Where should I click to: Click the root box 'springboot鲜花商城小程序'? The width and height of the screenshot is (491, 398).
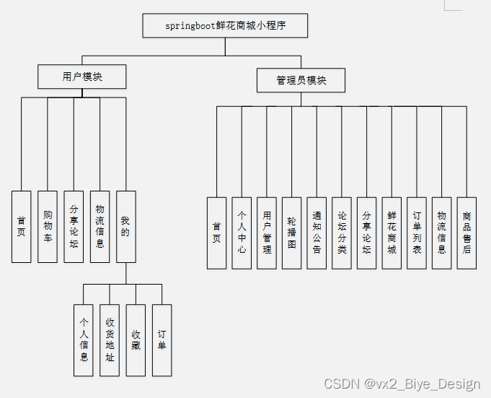tap(226, 26)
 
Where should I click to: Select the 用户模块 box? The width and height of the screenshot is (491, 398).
tap(82, 77)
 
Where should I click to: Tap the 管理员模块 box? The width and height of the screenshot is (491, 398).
tap(301, 80)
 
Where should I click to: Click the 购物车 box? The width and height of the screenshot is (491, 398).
tap(48, 226)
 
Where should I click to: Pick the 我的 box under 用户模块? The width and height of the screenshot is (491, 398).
tap(126, 226)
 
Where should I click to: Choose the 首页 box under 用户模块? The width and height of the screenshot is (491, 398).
tap(22, 226)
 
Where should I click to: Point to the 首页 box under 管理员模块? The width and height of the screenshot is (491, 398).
tap(217, 233)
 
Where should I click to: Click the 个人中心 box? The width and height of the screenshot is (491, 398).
tap(242, 233)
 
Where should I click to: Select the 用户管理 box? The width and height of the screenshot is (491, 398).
tap(267, 233)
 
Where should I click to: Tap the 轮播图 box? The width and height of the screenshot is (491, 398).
tap(292, 233)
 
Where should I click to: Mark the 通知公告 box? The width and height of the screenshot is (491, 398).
tap(317, 233)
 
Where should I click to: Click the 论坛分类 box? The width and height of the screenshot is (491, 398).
tap(342, 233)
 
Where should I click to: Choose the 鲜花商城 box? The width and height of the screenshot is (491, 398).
tap(392, 233)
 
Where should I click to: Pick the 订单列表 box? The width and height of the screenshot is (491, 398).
tap(417, 233)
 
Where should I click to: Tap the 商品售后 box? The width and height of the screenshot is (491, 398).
tap(466, 233)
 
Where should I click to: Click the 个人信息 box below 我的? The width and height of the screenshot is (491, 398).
tap(84, 339)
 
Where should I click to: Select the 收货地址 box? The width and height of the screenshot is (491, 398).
tap(110, 339)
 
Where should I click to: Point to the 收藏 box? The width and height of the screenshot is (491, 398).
tap(136, 339)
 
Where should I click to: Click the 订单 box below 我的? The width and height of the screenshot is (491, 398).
tap(162, 339)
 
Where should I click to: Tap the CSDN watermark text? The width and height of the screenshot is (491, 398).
tap(402, 384)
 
